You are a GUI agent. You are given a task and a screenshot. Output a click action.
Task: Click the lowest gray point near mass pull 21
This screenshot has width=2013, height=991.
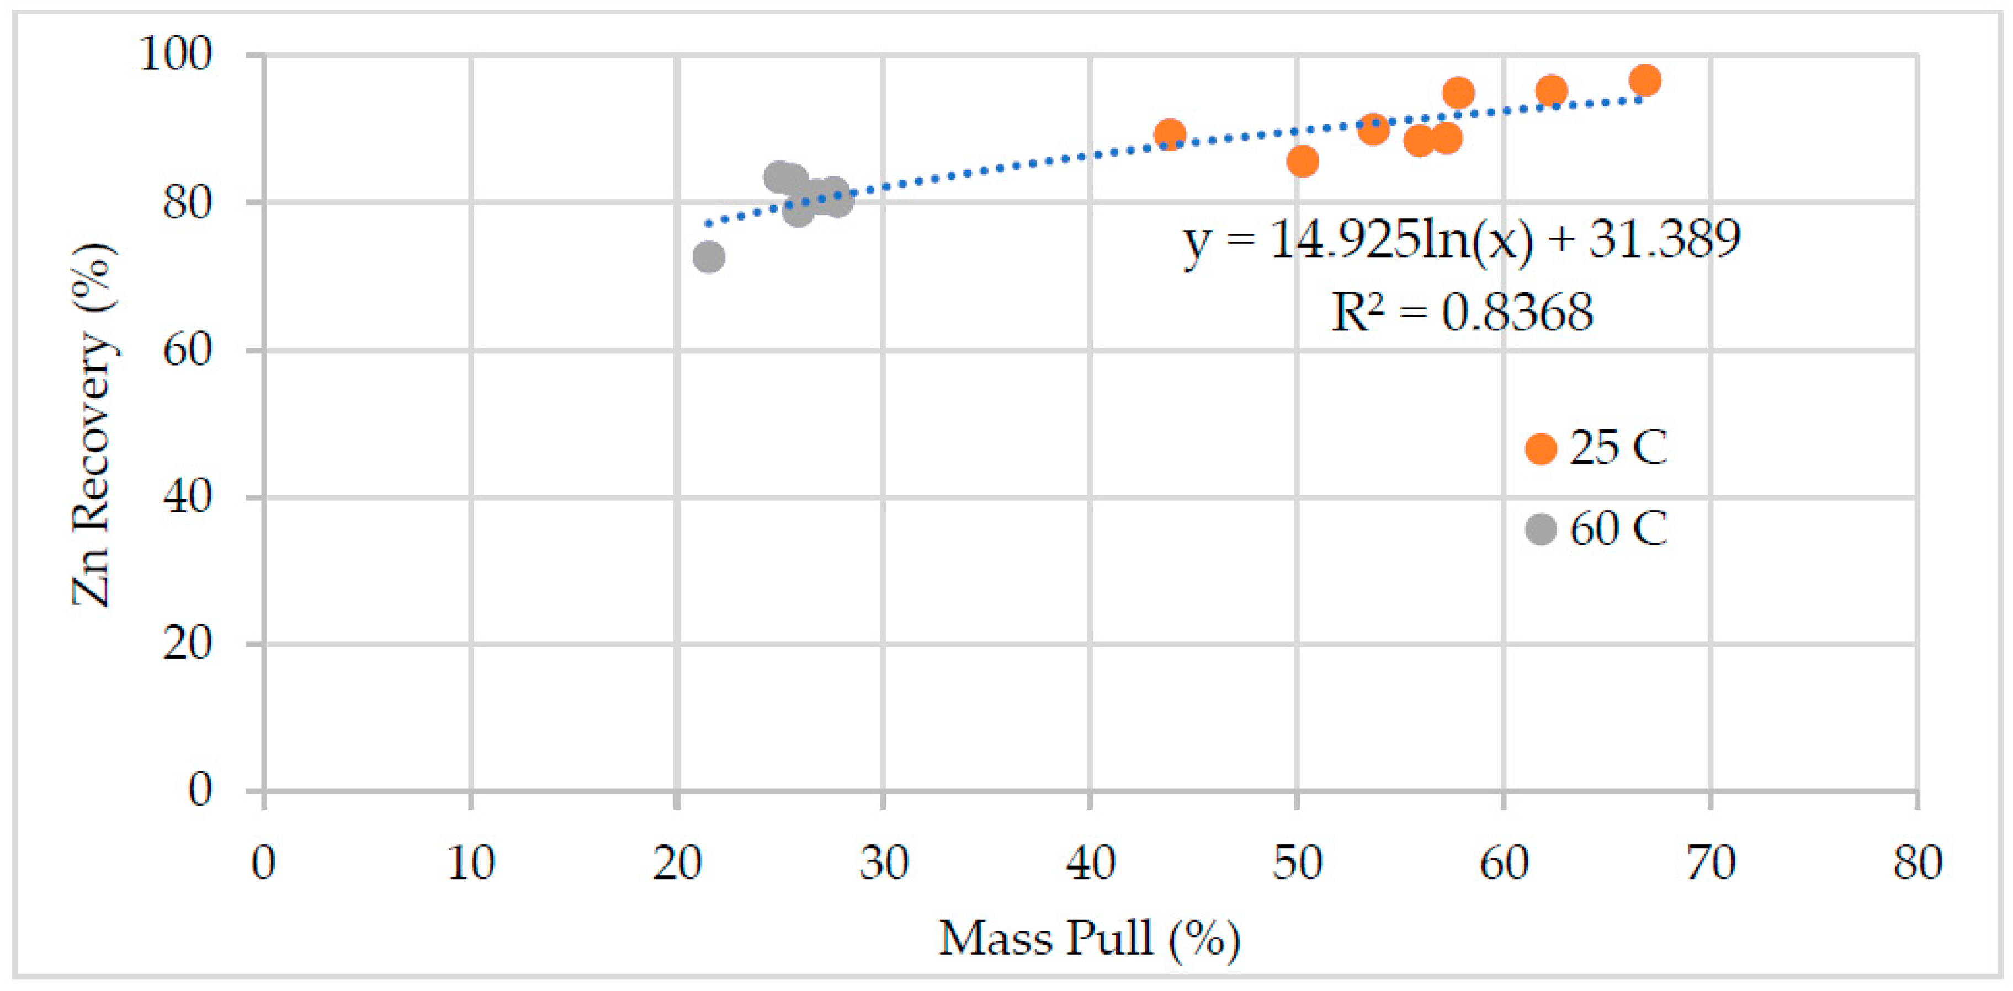click(708, 256)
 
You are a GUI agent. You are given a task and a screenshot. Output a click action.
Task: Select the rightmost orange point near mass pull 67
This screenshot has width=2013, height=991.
click(1645, 79)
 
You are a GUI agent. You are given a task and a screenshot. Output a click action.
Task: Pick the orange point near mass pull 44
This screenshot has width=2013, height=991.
click(1169, 135)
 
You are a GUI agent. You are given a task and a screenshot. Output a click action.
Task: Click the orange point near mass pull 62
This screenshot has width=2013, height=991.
click(1551, 90)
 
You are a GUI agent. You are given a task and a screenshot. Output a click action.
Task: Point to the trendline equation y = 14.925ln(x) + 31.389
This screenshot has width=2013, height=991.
click(1461, 239)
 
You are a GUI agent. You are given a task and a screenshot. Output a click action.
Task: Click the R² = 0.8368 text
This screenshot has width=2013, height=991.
click(1461, 312)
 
